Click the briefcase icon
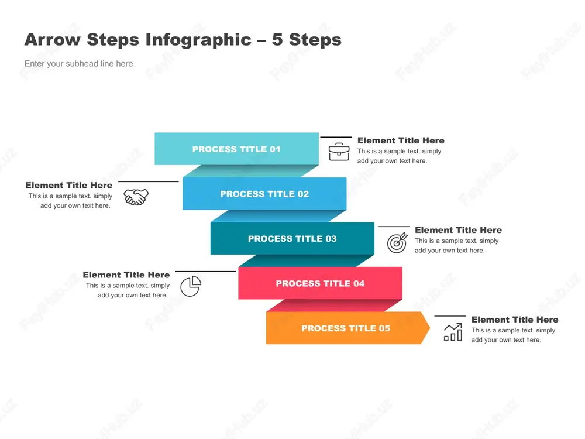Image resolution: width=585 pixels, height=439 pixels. (339, 152)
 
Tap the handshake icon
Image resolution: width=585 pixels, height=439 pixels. (136, 197)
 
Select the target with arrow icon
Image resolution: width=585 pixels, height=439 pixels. (397, 243)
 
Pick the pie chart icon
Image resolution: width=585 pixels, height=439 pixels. (191, 286)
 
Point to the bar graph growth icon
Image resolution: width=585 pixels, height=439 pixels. (453, 332)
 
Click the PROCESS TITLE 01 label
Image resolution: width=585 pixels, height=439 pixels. (236, 149)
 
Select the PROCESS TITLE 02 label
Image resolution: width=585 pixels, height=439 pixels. (264, 194)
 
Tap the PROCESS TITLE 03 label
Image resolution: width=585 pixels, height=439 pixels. (292, 239)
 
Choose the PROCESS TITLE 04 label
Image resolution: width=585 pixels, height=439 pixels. (320, 284)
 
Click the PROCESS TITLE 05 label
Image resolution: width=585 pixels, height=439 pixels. (346, 328)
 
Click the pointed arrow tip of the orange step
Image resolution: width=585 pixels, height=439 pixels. (430, 328)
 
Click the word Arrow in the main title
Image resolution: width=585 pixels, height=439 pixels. (53, 40)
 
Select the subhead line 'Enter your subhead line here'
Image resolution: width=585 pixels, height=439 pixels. (79, 64)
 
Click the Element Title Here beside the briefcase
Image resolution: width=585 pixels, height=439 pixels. (401, 140)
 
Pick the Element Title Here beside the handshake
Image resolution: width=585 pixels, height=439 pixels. (69, 185)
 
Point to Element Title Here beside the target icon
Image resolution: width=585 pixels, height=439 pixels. (459, 230)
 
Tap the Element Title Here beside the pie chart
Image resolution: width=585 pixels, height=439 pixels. (126, 275)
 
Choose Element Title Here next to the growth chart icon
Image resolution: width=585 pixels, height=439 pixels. (515, 320)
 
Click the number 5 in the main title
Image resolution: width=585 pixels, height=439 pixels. (277, 40)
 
